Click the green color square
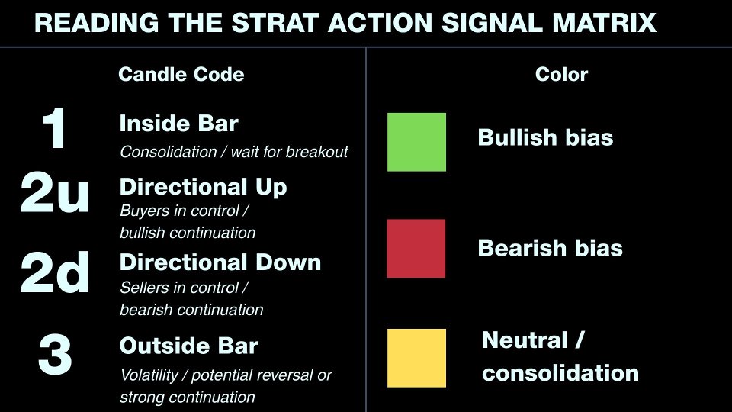click(x=416, y=142)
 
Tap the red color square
click(x=416, y=249)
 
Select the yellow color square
click(x=416, y=358)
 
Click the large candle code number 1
click(x=54, y=130)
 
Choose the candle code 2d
click(x=55, y=274)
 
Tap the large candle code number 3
click(x=55, y=355)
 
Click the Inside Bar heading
click(x=178, y=124)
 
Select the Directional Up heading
click(x=203, y=187)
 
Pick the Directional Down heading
click(x=220, y=262)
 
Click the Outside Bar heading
click(x=188, y=346)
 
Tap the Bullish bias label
click(x=545, y=138)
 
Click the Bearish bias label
click(x=550, y=249)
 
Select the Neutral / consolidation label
click(x=560, y=356)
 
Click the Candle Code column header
click(x=181, y=74)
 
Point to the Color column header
click(x=561, y=74)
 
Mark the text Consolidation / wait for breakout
click(x=233, y=152)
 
